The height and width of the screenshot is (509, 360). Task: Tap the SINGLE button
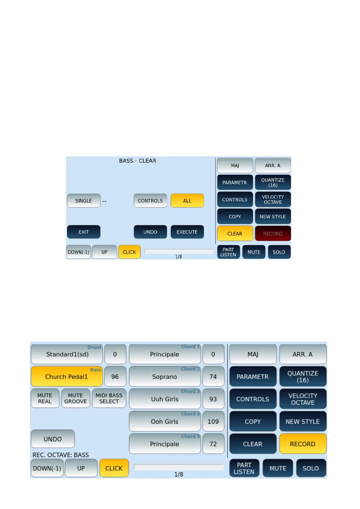[x=83, y=201]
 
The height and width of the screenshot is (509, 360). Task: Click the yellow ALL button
[x=187, y=201]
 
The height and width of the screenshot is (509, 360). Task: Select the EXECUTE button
[x=187, y=232]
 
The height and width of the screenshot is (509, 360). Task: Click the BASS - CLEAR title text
[x=138, y=161]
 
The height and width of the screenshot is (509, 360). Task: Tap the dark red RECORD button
[x=273, y=233]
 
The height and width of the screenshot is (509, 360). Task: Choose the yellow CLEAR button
[x=235, y=233]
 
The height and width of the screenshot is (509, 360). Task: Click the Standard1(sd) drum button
[x=67, y=354]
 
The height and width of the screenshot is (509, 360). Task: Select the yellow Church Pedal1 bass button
[x=66, y=377]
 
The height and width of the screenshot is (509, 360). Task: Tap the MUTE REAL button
[x=45, y=398]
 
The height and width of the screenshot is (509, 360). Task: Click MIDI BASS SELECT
[x=109, y=398]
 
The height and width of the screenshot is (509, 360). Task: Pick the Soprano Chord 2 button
[x=164, y=377]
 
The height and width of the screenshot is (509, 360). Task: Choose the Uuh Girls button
[x=164, y=399]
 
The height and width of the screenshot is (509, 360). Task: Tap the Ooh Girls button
[x=164, y=421]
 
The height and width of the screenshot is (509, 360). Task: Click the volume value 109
[x=213, y=421]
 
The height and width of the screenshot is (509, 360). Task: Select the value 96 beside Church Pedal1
[x=115, y=377]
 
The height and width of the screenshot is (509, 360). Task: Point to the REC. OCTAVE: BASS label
[x=61, y=455]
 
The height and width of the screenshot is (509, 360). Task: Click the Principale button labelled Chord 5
[x=164, y=444]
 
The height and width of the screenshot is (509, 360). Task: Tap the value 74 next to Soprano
[x=213, y=377]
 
